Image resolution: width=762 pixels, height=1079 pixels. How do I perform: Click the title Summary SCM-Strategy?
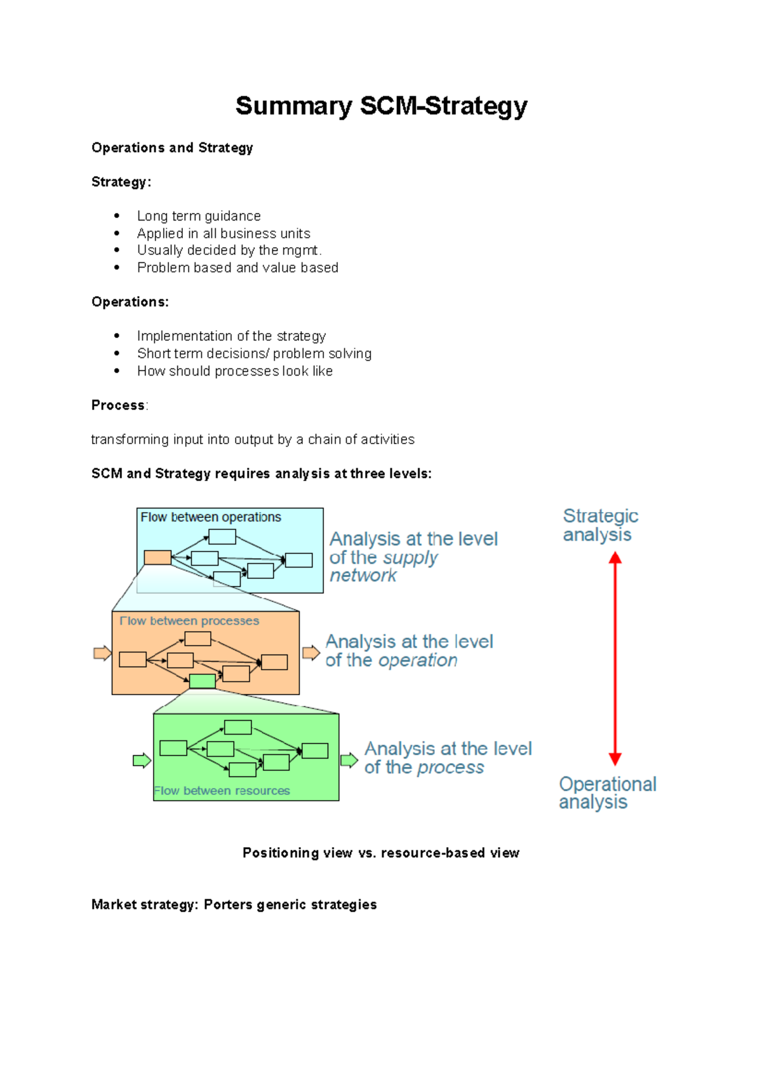381,106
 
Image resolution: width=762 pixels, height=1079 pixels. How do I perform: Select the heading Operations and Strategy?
172,148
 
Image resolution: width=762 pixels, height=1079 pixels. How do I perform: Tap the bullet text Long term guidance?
199,216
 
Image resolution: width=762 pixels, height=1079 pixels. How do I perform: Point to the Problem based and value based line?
237,268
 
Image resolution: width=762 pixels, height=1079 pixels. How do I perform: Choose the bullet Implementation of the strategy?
231,336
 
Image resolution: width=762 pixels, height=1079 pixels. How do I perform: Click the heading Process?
118,405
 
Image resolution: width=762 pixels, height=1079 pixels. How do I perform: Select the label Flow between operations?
211,517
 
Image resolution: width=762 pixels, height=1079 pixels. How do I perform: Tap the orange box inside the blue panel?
157,558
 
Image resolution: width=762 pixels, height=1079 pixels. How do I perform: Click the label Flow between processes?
189,621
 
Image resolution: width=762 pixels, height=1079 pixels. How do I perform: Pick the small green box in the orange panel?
203,681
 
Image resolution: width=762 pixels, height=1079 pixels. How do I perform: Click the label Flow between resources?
222,791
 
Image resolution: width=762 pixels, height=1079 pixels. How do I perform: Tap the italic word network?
363,576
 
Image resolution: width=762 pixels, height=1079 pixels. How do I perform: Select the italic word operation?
417,661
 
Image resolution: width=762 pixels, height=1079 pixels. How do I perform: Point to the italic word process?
450,768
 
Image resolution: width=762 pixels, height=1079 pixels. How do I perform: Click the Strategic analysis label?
600,526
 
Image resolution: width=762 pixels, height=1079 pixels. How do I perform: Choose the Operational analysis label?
607,793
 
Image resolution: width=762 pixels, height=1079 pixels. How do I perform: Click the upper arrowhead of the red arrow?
615,559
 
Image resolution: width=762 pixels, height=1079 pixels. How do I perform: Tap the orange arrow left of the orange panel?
102,653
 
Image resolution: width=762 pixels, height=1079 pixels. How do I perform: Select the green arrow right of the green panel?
349,760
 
